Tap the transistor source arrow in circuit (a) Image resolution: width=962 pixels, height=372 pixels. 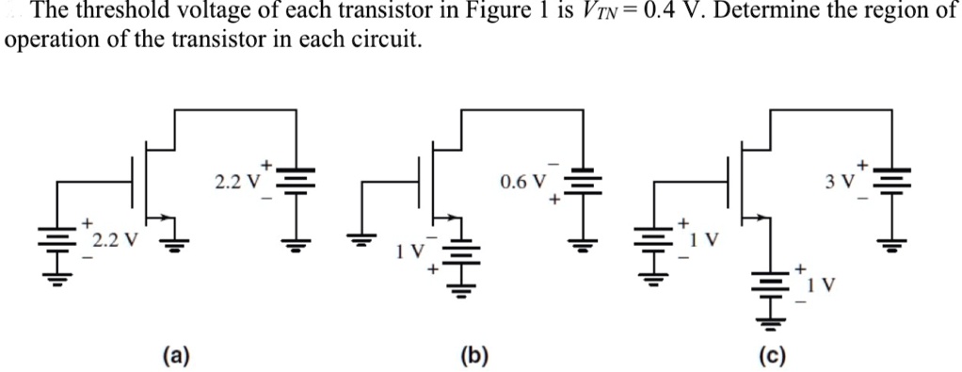point(168,219)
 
